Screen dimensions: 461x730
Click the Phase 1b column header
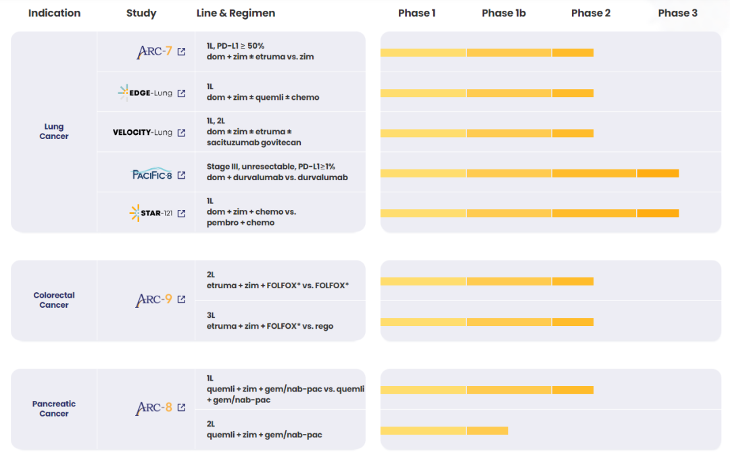(504, 13)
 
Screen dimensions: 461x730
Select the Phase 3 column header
(677, 13)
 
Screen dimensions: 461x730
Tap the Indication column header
(54, 13)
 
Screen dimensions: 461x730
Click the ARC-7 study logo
(154, 51)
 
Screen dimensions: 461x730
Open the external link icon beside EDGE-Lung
(181, 93)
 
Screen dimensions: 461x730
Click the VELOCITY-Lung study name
(143, 132)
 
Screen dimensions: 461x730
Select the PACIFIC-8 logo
(151, 174)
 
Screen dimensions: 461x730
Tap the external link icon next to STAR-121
(181, 213)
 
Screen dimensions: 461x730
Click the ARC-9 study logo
(154, 299)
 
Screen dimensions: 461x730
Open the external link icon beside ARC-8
(181, 408)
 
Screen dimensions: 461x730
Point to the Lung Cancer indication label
(54, 132)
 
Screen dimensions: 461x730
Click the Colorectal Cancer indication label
(54, 300)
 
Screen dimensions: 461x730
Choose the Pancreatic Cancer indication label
(54, 408)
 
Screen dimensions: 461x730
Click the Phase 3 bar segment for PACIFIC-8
(658, 173)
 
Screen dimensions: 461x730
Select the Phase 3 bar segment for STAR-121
(658, 213)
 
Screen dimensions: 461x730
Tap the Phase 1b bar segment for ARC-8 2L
(487, 431)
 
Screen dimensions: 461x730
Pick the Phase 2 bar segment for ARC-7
(573, 53)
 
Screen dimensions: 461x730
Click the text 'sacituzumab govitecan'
(253, 142)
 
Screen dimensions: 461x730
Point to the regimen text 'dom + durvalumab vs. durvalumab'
(277, 178)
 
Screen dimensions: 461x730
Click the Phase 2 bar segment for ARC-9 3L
(573, 322)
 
